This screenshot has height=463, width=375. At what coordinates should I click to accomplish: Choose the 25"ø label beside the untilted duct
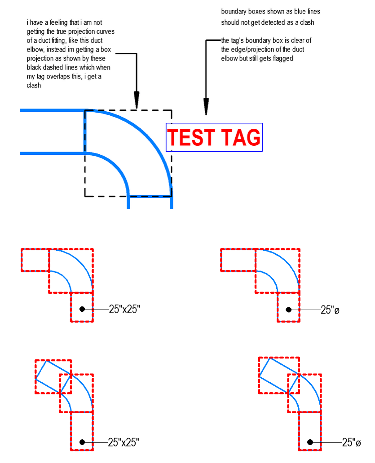click(x=330, y=310)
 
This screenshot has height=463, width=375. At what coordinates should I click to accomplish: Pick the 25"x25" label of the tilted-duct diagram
click(x=124, y=442)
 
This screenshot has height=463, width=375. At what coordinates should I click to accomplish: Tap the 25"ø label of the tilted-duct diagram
click(x=351, y=442)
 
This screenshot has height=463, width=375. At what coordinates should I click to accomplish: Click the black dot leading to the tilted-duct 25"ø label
click(x=310, y=442)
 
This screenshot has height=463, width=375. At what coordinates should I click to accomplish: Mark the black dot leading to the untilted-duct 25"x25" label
click(x=82, y=309)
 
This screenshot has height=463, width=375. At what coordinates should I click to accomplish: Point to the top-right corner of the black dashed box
click(x=172, y=110)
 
